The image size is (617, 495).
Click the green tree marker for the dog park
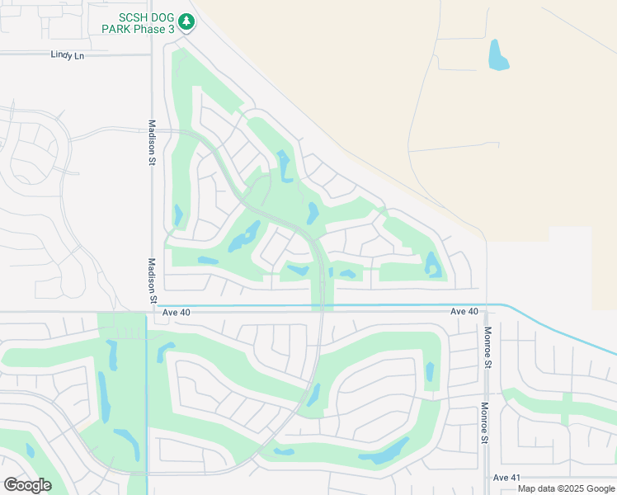coord(186,21)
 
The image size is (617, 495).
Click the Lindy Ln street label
coord(68,54)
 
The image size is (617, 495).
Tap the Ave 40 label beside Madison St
coord(176,312)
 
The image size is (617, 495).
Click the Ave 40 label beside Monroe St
coord(464,311)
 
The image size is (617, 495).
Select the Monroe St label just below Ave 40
coord(487,347)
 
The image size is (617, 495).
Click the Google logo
coord(27,485)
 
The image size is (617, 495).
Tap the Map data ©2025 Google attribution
coord(567,488)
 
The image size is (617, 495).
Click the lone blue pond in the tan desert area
coord(498,54)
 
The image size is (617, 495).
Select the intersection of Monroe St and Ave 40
coord(486,312)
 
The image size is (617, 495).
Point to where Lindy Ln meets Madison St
coord(152,54)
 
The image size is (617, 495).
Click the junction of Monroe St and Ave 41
coord(486,478)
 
